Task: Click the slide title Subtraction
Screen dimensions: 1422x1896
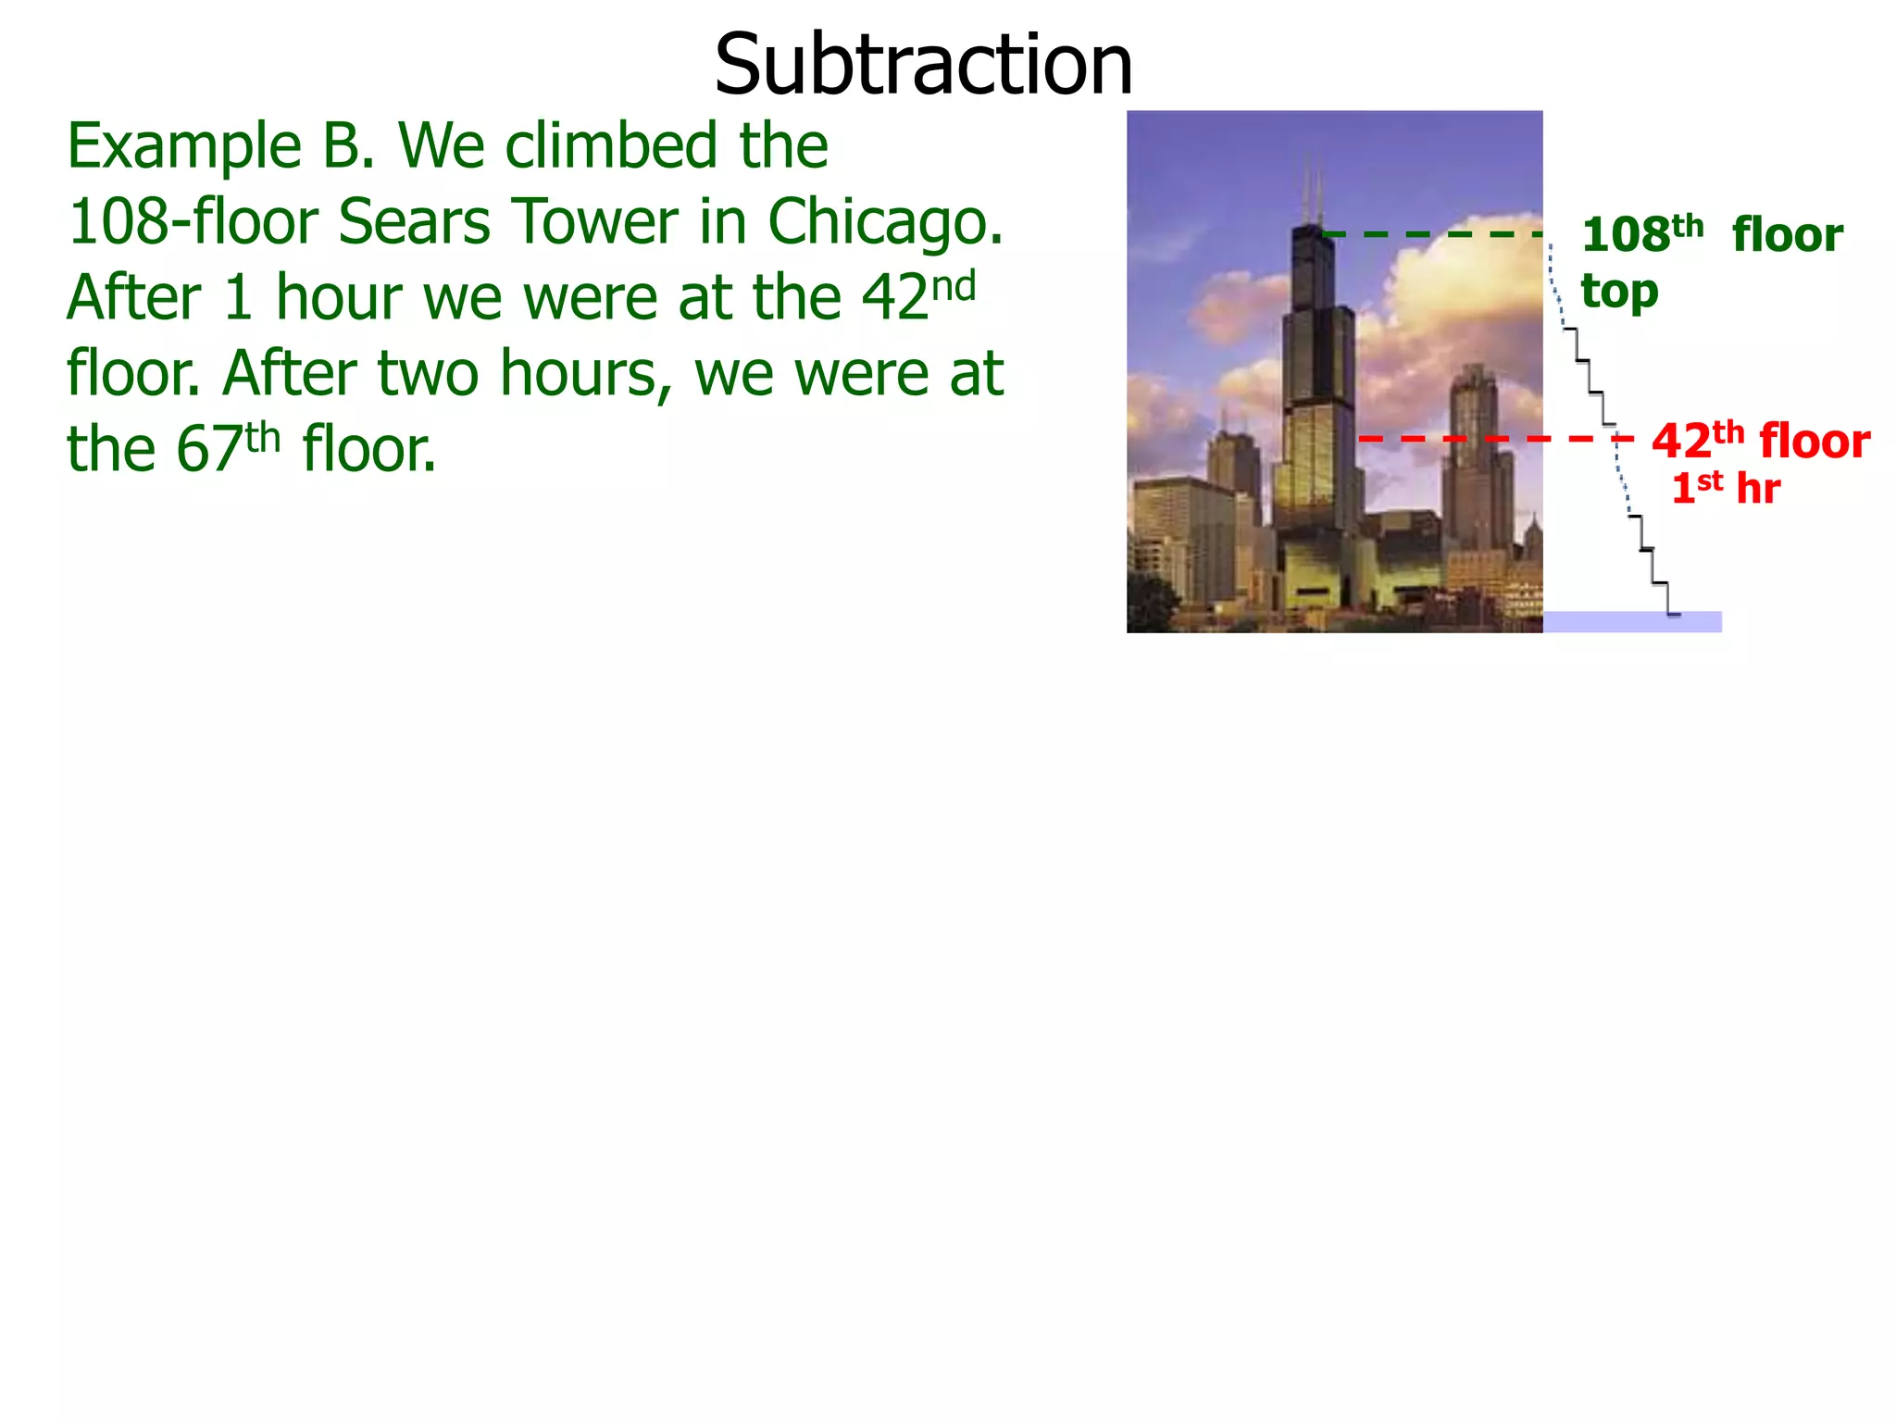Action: (923, 65)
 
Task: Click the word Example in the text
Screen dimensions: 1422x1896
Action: (184, 146)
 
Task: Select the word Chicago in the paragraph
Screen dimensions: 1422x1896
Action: (884, 222)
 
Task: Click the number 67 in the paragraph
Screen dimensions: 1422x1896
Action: (209, 450)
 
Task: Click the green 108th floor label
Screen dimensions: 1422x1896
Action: (1711, 235)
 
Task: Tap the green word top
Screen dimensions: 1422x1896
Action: (1619, 293)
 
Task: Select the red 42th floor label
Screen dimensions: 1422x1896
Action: (1760, 442)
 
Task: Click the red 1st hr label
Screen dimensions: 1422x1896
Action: (1725, 488)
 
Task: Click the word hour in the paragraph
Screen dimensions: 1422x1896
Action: (338, 298)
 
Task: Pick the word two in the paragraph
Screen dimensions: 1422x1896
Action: (429, 374)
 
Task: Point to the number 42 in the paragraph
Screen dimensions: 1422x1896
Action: (894, 298)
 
